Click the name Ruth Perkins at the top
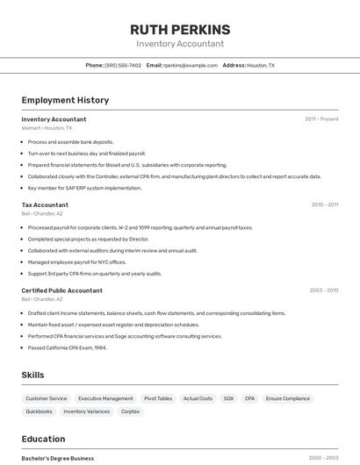point(180,29)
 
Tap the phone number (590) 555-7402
point(123,65)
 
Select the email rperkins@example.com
point(191,65)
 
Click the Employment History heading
point(66,100)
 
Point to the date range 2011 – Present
point(321,118)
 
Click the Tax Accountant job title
point(45,204)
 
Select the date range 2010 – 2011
point(324,204)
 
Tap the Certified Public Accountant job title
point(61,290)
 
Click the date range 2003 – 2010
point(324,290)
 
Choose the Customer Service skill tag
point(47,398)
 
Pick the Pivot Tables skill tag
point(158,398)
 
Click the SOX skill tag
point(228,398)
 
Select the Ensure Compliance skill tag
point(287,398)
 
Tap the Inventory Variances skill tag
point(87,411)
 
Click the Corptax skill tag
point(130,411)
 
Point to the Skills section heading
point(32,375)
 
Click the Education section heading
point(43,439)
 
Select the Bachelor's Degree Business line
point(58,458)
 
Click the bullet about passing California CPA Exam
point(68,347)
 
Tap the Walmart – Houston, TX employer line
point(47,128)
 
